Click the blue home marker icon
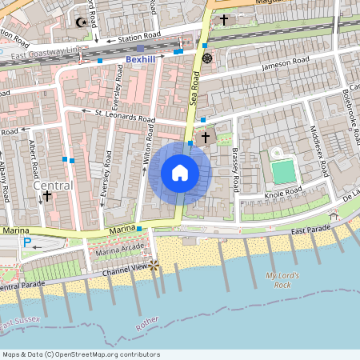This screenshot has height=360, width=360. [179, 172]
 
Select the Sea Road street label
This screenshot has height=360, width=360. [194, 88]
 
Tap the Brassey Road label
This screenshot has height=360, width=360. [235, 168]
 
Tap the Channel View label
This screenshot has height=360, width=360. [124, 268]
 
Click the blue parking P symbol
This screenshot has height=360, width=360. [27, 242]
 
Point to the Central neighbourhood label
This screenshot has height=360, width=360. [53, 186]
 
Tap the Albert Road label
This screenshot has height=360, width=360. [33, 160]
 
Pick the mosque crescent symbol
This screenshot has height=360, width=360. [79, 22]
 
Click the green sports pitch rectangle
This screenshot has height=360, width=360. [282, 171]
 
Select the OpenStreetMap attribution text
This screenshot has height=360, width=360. [81, 354]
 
